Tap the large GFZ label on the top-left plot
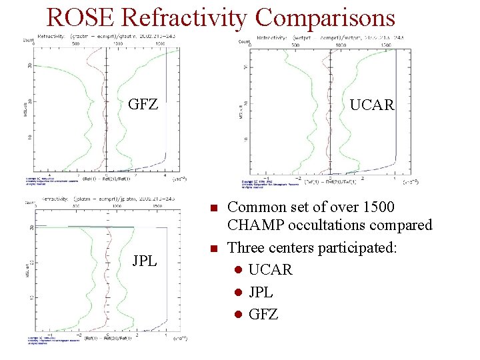pyautogui.click(x=143, y=105)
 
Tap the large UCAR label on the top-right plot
pyautogui.click(x=372, y=105)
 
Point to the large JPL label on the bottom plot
pyautogui.click(x=145, y=260)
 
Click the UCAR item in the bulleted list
pyautogui.click(x=270, y=269)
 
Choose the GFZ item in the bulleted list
pyautogui.click(x=263, y=313)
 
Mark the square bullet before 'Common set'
pyautogui.click(x=213, y=208)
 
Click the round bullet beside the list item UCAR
pyautogui.click(x=237, y=270)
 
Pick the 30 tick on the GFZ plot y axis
pyautogui.click(x=30, y=65)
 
